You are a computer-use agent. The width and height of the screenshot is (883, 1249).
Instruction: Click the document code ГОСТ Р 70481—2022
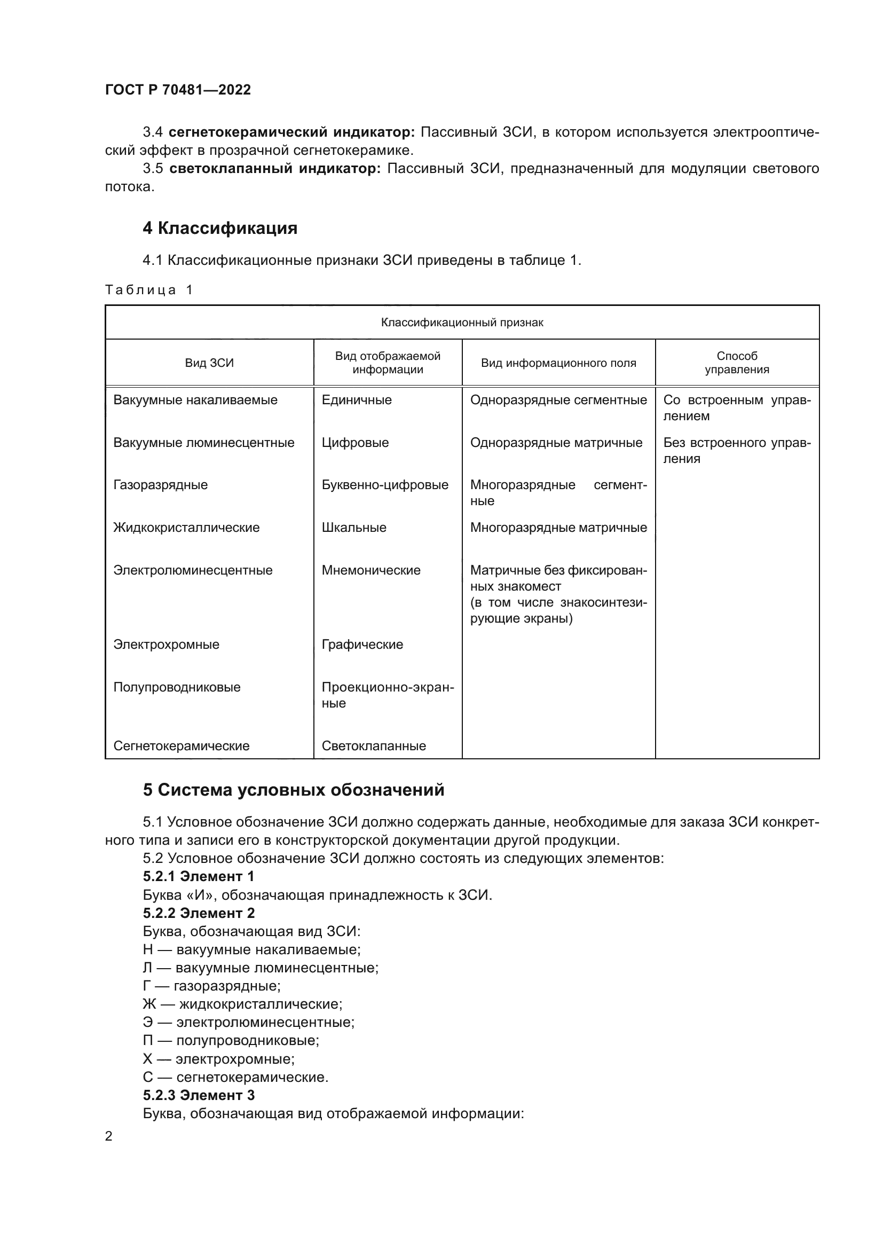[x=178, y=90]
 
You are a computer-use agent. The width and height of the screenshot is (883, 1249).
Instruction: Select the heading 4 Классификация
[x=219, y=228]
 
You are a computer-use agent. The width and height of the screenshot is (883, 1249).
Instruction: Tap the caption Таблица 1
[x=149, y=290]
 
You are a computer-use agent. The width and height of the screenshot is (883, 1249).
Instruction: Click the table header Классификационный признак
[x=462, y=323]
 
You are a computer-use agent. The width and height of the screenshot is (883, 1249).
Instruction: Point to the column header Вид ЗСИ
[x=209, y=363]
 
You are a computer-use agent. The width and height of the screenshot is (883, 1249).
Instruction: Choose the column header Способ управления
[x=737, y=363]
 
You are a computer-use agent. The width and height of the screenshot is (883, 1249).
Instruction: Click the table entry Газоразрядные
[x=160, y=485]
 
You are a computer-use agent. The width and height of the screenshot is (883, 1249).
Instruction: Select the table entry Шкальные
[x=354, y=528]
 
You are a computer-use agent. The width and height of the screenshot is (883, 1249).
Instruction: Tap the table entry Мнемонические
[x=371, y=570]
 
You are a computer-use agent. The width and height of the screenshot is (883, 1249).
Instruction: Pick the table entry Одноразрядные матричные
[x=556, y=442]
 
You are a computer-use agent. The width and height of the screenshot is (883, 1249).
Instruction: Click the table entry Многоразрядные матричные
[x=558, y=528]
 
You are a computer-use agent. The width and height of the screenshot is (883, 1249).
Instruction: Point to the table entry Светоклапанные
[x=374, y=746]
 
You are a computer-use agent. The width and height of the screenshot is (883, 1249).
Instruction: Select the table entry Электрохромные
[x=167, y=645]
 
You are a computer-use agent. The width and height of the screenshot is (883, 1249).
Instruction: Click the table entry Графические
[x=362, y=645]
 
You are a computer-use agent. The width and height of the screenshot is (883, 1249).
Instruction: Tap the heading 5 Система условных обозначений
[x=294, y=790]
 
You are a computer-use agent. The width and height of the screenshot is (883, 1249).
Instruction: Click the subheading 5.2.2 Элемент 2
[x=199, y=913]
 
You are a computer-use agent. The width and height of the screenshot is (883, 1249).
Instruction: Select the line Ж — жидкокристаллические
[x=242, y=1004]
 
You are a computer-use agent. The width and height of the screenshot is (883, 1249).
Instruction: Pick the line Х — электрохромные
[x=218, y=1059]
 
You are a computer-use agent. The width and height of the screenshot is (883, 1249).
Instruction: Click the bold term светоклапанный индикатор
[x=275, y=169]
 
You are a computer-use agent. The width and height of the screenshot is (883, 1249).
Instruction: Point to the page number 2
[x=109, y=1136]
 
